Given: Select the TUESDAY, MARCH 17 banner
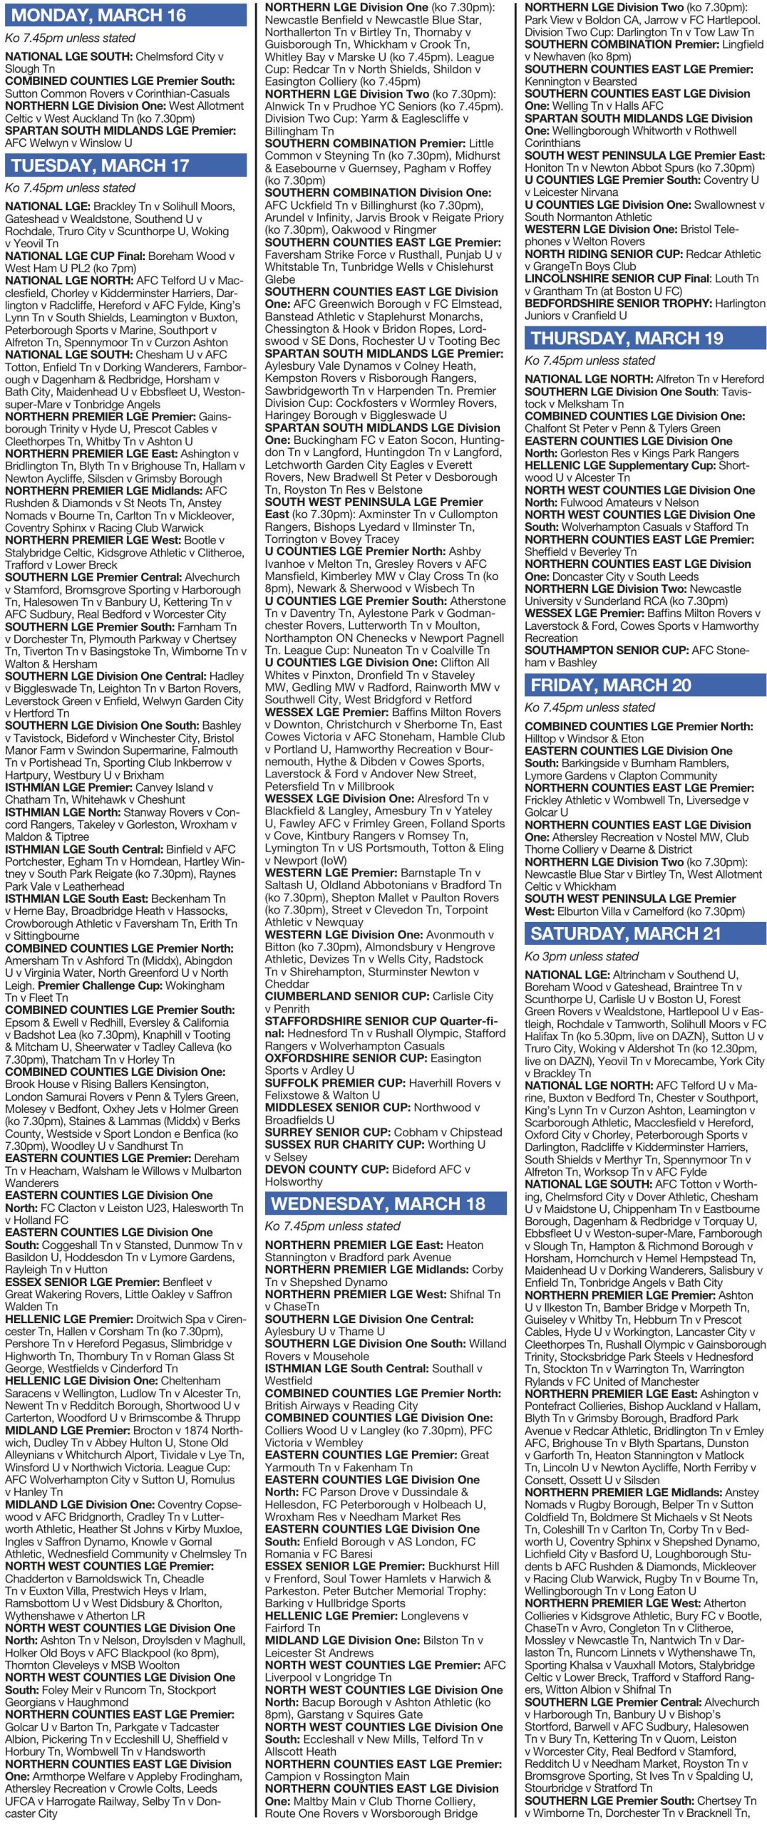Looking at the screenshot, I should point(100,165).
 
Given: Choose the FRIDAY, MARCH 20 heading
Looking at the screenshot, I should point(611,685).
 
